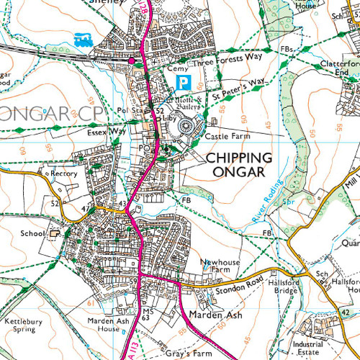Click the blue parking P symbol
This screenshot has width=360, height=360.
tap(185, 81)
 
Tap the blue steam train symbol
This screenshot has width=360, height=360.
tap(81, 38)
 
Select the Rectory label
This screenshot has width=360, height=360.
tap(62, 174)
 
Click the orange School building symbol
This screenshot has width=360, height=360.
tap(53, 233)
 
